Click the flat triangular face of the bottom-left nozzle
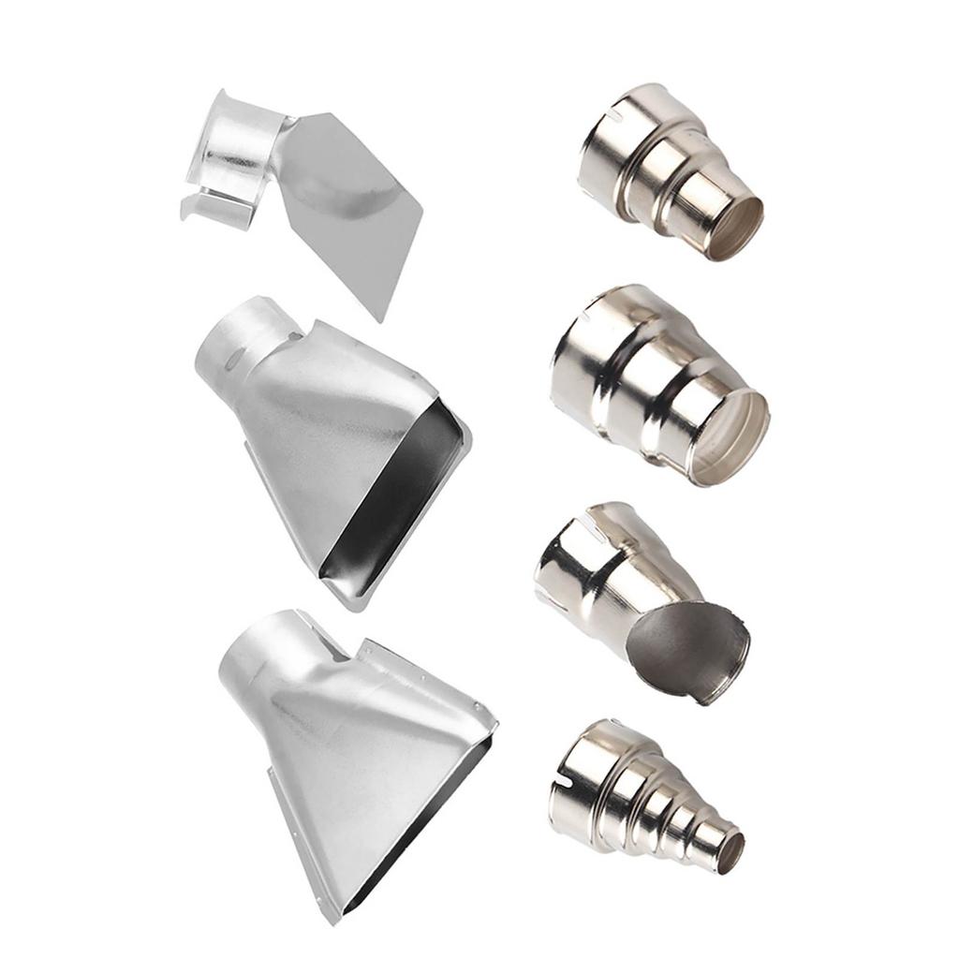[x=365, y=749]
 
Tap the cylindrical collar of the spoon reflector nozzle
[x=585, y=562]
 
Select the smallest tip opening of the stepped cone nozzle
[x=730, y=853]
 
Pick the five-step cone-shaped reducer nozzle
[x=646, y=801]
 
